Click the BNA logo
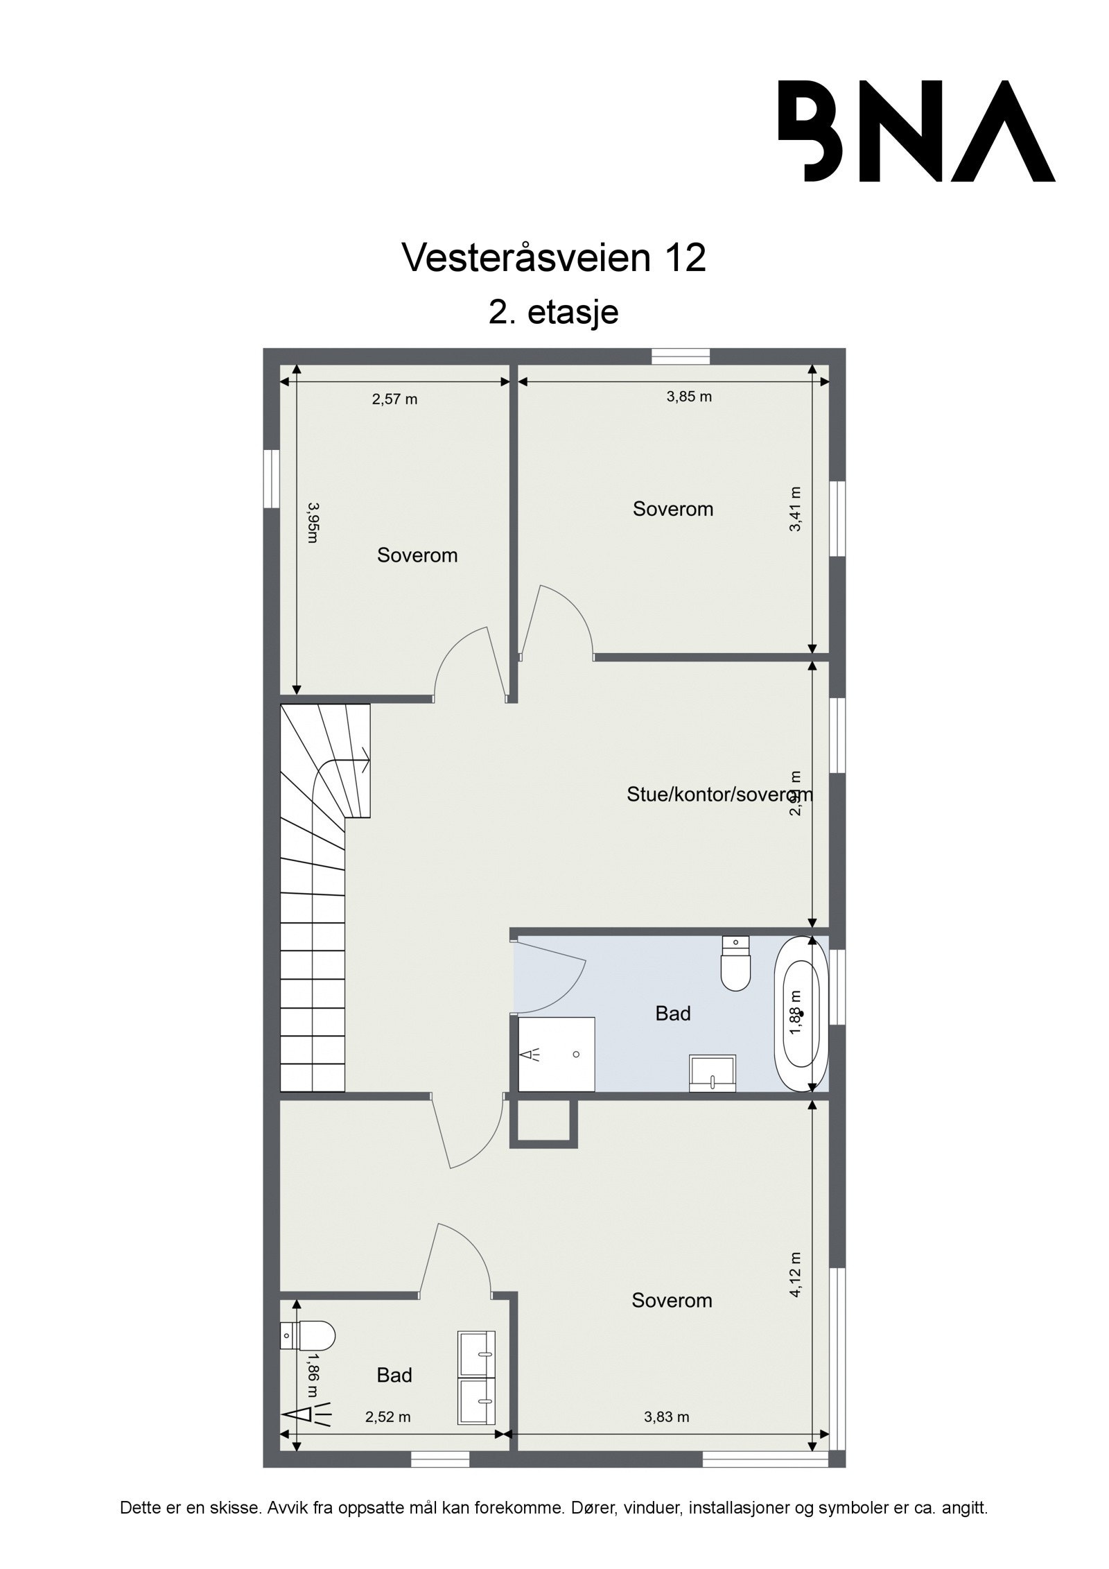915,131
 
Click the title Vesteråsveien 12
554,258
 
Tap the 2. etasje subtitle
553,312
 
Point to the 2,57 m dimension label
394,399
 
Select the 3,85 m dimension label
689,397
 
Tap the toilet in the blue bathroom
735,964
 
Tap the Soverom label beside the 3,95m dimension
417,555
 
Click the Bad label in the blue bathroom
673,1014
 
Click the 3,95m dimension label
313,523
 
